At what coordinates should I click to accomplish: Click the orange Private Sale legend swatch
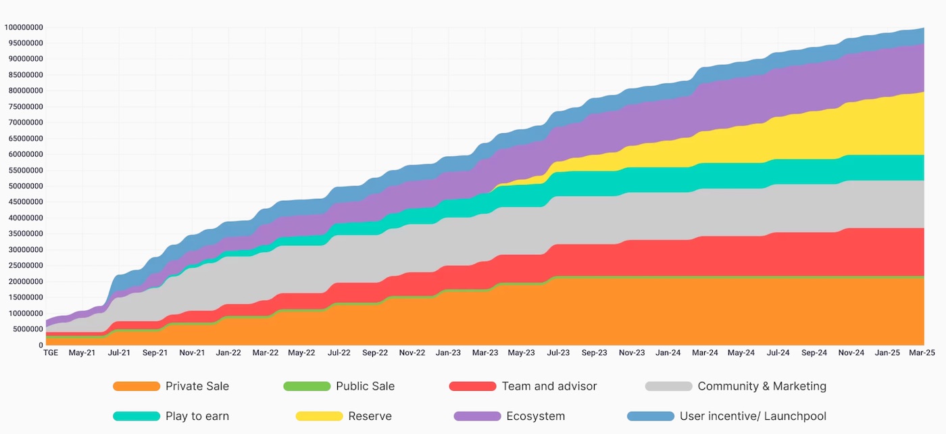(136, 386)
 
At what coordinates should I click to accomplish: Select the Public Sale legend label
(365, 386)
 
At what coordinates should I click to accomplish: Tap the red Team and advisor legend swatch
(472, 386)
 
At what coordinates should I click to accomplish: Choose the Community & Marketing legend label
(762, 386)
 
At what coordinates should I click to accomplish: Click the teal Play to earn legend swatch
(136, 416)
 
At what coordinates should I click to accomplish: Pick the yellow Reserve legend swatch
(319, 416)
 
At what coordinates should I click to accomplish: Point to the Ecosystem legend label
(535, 416)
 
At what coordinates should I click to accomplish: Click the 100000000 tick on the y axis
(24, 27)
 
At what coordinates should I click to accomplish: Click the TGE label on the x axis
(51, 353)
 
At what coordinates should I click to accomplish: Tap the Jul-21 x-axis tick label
(120, 353)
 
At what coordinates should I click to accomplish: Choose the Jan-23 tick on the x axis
(449, 353)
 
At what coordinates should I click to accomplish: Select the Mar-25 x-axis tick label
(922, 353)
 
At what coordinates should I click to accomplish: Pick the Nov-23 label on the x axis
(632, 353)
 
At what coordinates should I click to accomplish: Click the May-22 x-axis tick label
(301, 353)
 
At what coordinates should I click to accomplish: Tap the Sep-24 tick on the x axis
(814, 353)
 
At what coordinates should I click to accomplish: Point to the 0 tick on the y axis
(41, 345)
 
